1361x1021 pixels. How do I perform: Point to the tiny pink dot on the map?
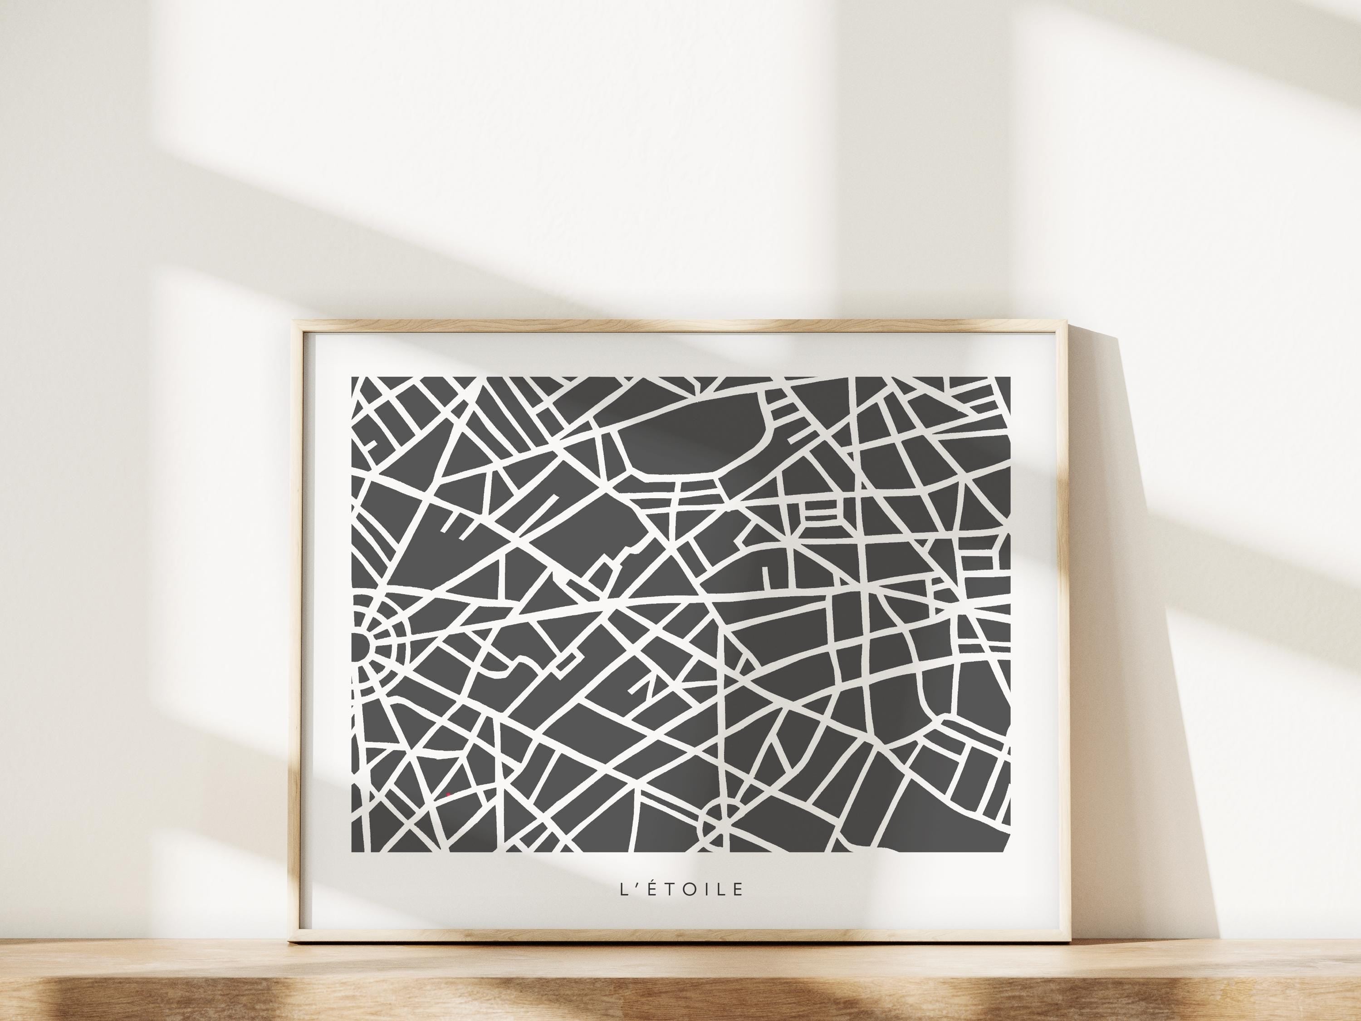pos(449,794)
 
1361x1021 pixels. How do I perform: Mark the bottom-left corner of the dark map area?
pos(352,852)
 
